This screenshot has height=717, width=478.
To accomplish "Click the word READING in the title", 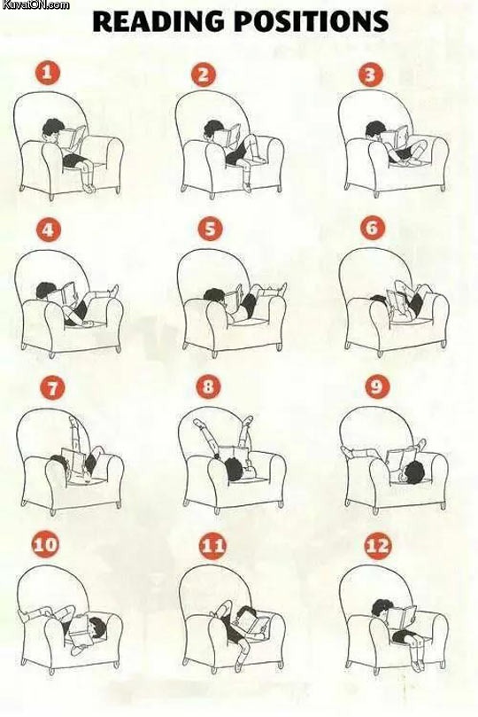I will coord(156,21).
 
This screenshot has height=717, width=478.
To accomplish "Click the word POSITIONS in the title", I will coord(305,21).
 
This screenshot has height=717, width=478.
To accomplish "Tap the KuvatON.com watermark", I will coord(35,5).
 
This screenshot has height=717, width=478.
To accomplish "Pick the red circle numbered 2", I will coord(204,74).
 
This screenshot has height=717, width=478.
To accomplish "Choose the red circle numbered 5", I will coord(209,230).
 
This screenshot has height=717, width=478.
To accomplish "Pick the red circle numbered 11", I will coord(212,544).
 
